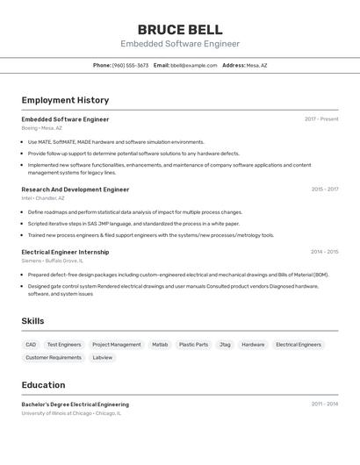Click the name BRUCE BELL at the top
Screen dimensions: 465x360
[180, 29]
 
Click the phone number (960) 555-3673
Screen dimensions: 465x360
[130, 65]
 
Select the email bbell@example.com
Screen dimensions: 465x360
[194, 65]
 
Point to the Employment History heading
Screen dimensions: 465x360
[65, 100]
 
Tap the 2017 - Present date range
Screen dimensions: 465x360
[321, 119]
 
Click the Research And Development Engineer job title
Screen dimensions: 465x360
[76, 190]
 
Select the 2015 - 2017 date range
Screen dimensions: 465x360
[324, 190]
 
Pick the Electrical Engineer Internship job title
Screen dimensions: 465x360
[65, 252]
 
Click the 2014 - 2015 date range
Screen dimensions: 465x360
[324, 252]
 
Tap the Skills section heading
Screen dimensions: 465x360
[32, 321]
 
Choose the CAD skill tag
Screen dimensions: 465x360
[31, 345]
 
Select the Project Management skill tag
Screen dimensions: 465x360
[117, 345]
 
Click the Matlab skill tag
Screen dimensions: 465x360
[160, 345]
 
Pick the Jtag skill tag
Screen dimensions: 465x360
[225, 345]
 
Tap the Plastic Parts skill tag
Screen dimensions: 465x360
[193, 345]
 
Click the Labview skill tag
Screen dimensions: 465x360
[103, 358]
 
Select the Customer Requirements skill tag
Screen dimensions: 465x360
[54, 358]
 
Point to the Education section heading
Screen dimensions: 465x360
[43, 385]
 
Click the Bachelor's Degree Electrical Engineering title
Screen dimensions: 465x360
[76, 404]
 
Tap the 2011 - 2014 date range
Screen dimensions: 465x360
[324, 404]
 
